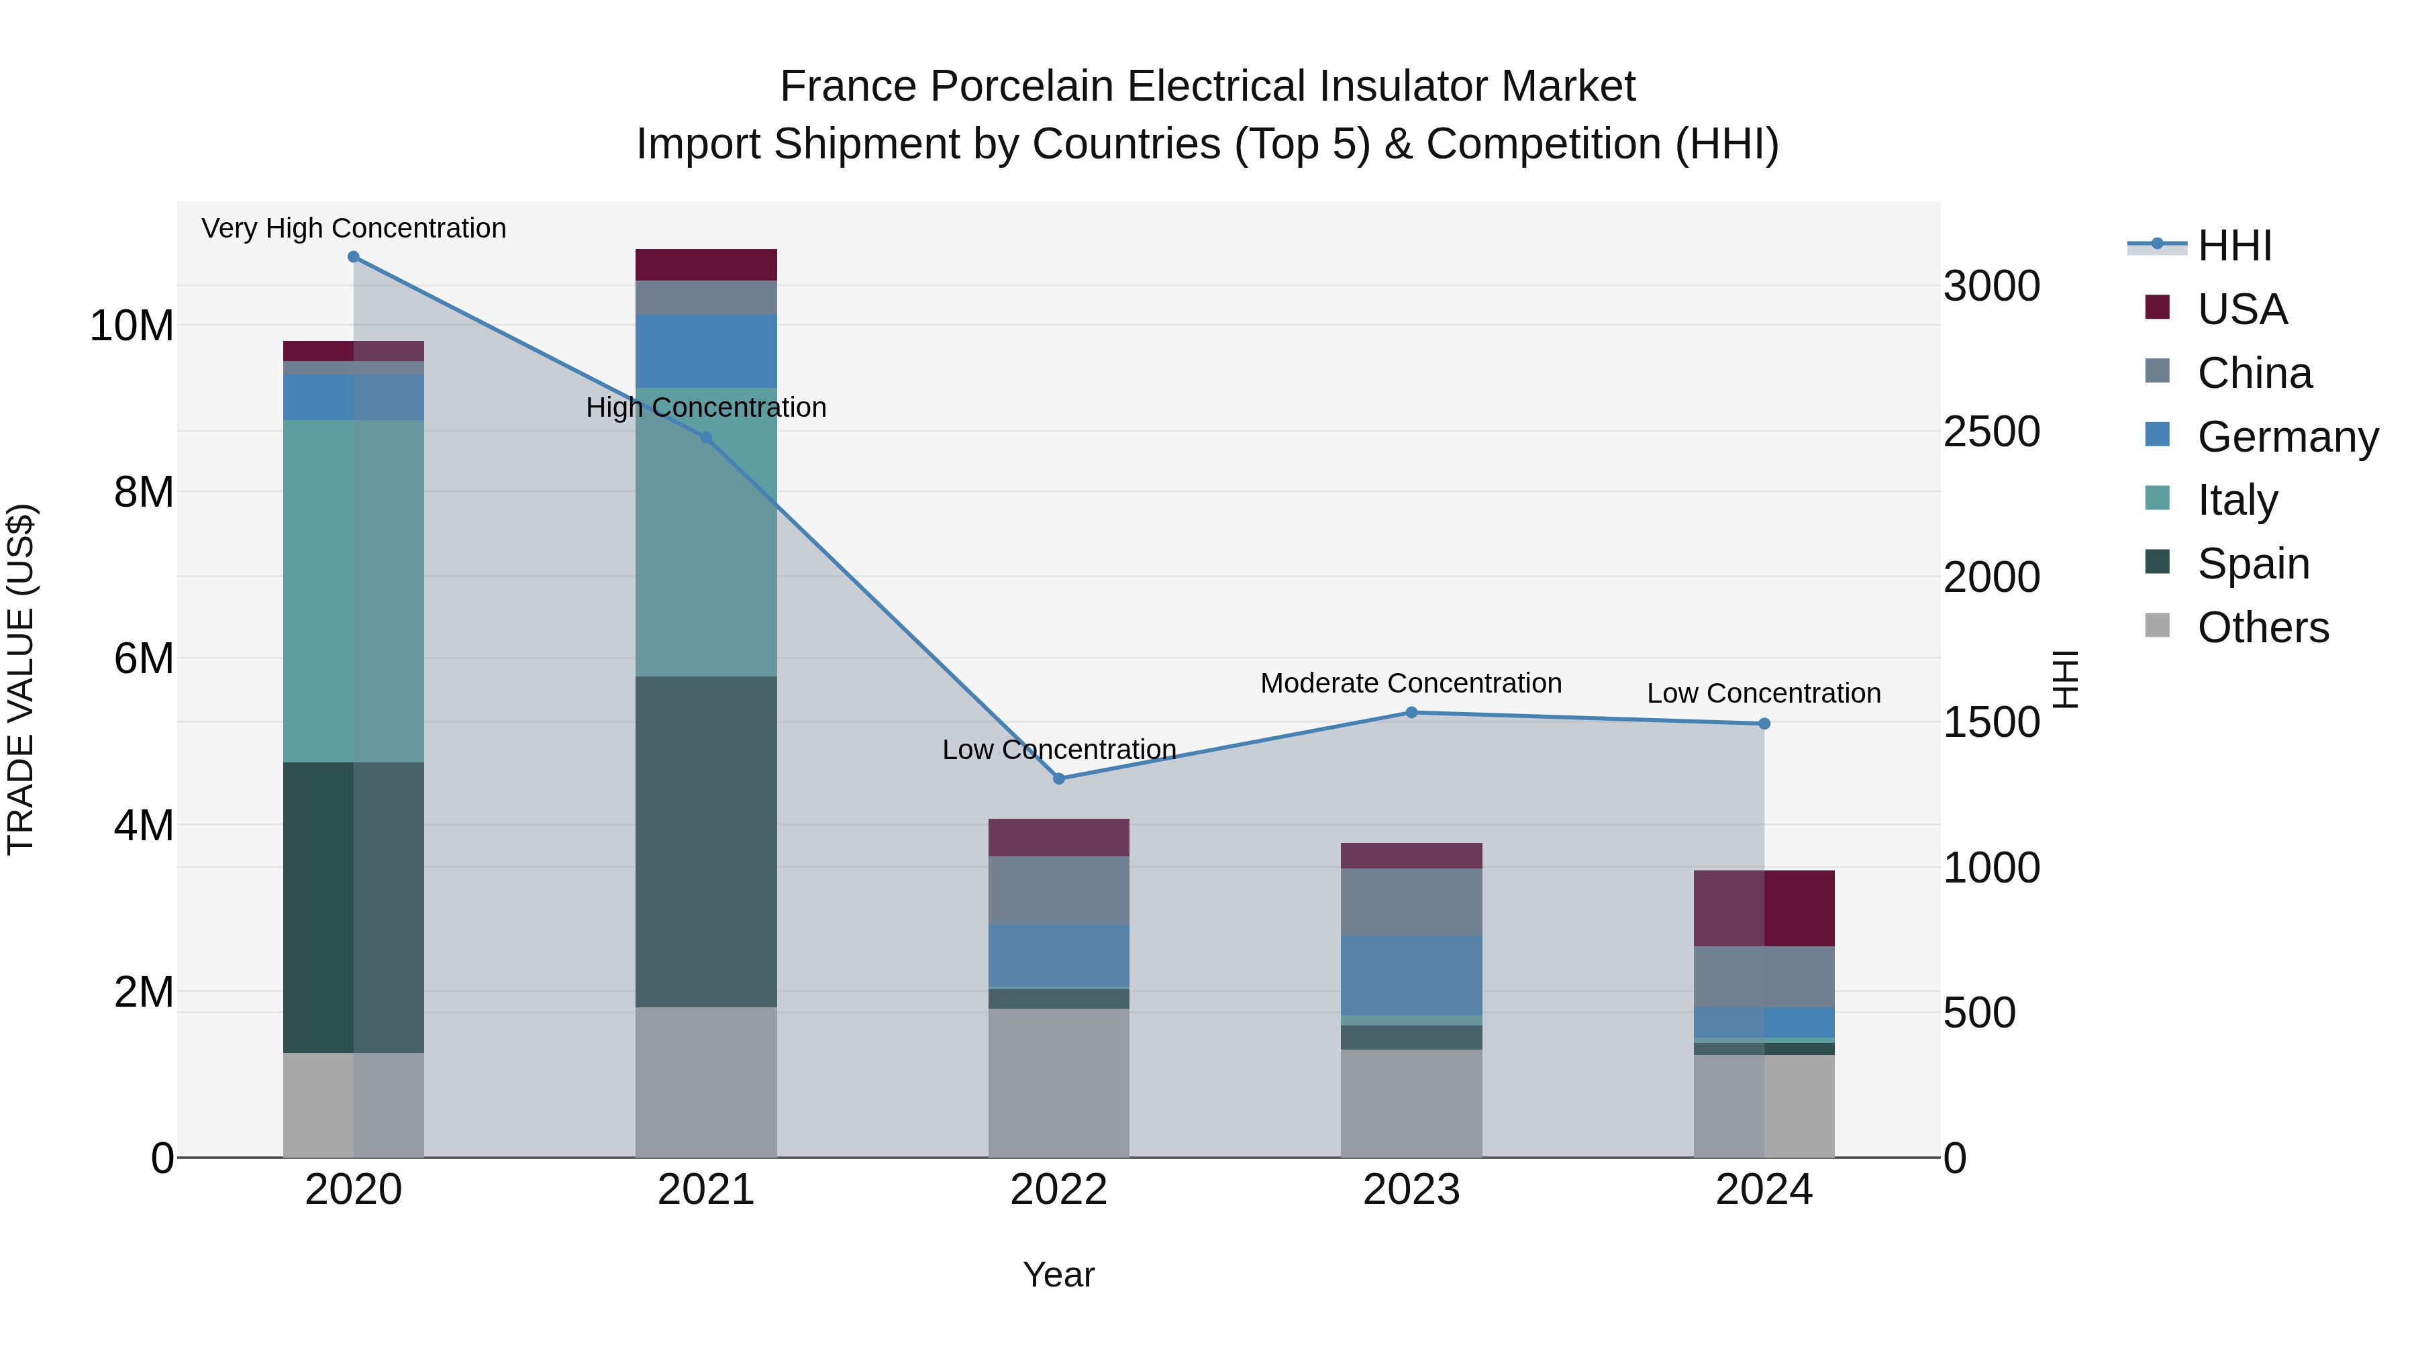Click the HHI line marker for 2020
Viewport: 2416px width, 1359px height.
[354, 257]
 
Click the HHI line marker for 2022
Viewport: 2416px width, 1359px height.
[1059, 778]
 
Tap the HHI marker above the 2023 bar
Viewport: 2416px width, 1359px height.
[1411, 713]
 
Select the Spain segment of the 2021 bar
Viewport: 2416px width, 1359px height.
[706, 842]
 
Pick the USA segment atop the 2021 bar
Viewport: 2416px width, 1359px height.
[706, 264]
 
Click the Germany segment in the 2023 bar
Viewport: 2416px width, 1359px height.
[1411, 974]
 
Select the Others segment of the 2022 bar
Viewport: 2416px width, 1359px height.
[1059, 1083]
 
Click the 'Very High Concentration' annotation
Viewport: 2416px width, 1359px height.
[354, 228]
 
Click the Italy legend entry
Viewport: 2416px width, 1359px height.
[2237, 500]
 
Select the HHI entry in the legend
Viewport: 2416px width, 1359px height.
[2234, 246]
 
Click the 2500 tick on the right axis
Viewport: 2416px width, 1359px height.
[1991, 432]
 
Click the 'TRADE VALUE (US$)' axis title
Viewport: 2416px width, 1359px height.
[21, 679]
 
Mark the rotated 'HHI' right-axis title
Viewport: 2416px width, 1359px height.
[2064, 679]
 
